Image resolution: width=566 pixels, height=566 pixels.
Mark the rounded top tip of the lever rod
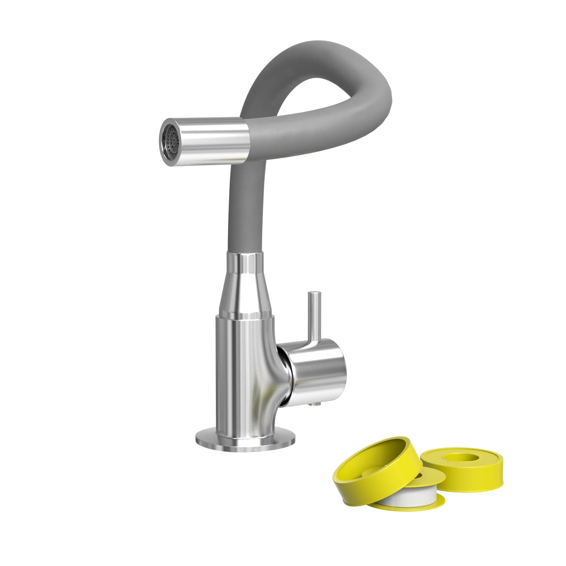[x=314, y=293]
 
